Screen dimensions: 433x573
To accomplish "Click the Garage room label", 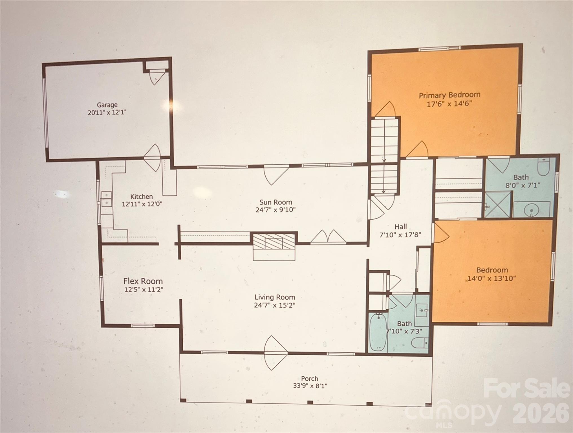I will point(107,105).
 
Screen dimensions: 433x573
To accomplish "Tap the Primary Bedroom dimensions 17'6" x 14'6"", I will point(449,104).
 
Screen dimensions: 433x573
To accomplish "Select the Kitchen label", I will point(142,196).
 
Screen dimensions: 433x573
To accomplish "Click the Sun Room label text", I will point(276,202).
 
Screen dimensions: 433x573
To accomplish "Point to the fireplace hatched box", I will point(274,242).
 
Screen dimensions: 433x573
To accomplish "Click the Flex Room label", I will point(143,281).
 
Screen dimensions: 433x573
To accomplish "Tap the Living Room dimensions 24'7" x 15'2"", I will point(274,305).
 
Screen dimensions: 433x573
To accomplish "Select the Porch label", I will point(309,379).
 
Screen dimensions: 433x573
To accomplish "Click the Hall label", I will point(400,227).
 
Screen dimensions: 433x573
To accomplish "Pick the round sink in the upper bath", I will point(531,210).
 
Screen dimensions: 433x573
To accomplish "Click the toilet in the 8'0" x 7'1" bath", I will point(543,167).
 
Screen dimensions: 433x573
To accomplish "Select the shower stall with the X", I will point(497,205).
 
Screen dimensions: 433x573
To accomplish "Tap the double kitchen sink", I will point(106,199).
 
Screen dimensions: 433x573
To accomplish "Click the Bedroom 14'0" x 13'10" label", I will point(492,270).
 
